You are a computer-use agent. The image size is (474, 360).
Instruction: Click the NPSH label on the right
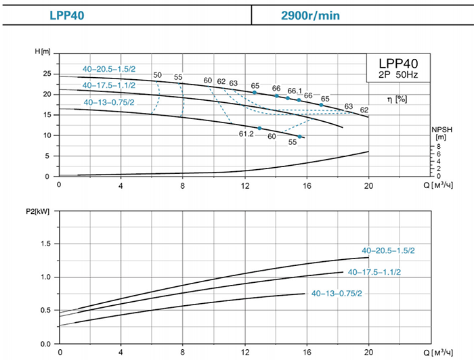coord(440,129)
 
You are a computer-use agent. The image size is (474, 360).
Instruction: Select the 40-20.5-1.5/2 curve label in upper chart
coord(108,69)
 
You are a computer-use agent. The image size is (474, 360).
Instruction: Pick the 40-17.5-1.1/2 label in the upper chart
coord(108,85)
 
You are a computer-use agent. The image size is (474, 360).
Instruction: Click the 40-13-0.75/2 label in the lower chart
coord(337,294)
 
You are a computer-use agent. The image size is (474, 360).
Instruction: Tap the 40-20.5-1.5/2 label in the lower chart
coord(388,250)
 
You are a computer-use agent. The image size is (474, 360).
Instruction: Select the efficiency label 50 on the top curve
coord(157,74)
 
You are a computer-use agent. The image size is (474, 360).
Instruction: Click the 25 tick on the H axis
coord(47,74)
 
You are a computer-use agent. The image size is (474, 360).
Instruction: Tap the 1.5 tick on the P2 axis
coord(47,243)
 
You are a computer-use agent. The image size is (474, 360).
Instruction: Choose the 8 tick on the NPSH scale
coord(439,146)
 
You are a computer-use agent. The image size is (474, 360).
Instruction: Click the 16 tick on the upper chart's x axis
coord(307,185)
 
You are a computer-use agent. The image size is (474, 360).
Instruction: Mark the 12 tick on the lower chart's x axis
coord(245,353)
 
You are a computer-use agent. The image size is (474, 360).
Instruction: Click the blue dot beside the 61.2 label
coord(259,128)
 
